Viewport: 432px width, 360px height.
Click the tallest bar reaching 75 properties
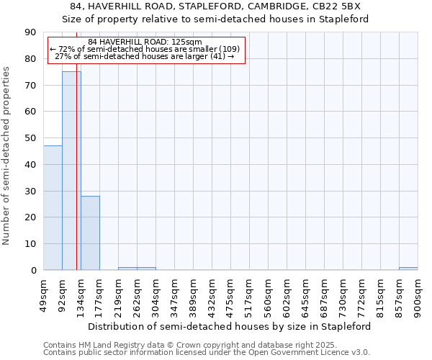pos(71,171)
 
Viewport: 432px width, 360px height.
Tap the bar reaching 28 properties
pos(90,233)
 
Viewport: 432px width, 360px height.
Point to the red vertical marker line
pos(76,180)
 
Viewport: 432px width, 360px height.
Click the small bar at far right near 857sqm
pos(408,269)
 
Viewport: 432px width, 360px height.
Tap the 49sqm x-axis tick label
pos(44,294)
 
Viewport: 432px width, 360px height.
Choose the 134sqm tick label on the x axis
pos(81,294)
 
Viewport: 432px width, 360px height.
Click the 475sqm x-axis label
pos(231,294)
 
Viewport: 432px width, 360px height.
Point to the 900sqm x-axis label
pos(418,294)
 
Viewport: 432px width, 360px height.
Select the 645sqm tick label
pos(306,294)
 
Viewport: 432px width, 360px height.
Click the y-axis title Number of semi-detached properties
pos(6,156)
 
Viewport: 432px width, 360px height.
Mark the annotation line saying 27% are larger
pos(145,56)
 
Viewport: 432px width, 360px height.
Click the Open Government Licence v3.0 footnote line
pos(207,353)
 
